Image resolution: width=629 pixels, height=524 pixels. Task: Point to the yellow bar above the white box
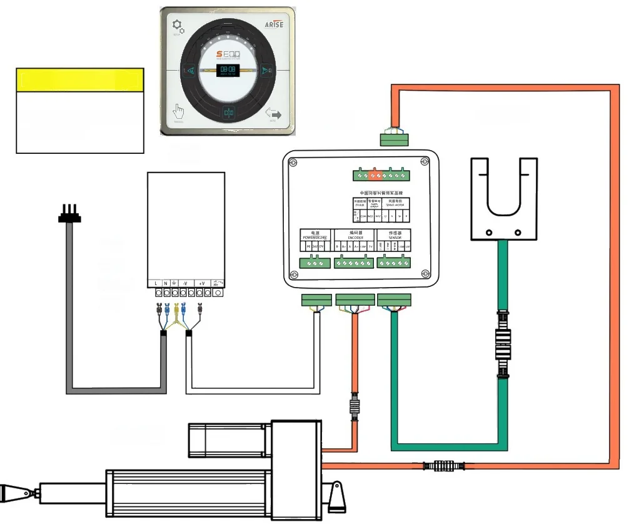80,80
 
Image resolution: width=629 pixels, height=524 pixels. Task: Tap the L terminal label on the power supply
156,283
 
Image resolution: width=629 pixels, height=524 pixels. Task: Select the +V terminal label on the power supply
201,283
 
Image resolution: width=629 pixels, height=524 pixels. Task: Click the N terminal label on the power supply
165,283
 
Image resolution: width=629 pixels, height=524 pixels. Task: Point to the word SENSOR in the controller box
395,238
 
